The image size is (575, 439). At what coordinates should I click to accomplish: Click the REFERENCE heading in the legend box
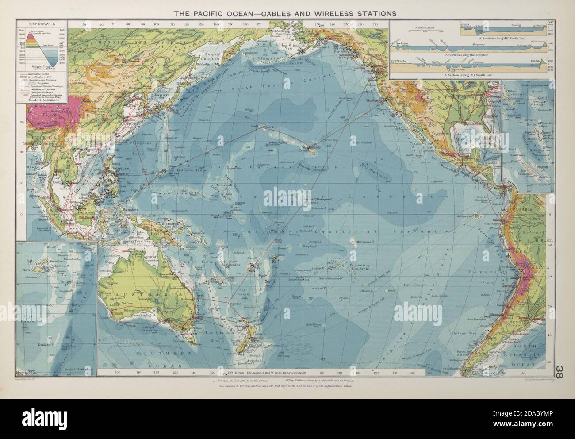[42, 23]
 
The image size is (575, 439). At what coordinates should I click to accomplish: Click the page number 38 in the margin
[560, 371]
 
